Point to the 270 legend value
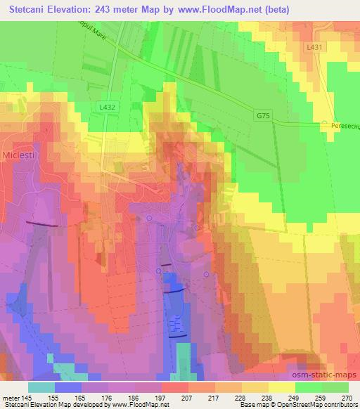pos(347,398)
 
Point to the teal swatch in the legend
pos(41,387)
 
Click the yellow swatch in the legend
pos(281,387)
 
